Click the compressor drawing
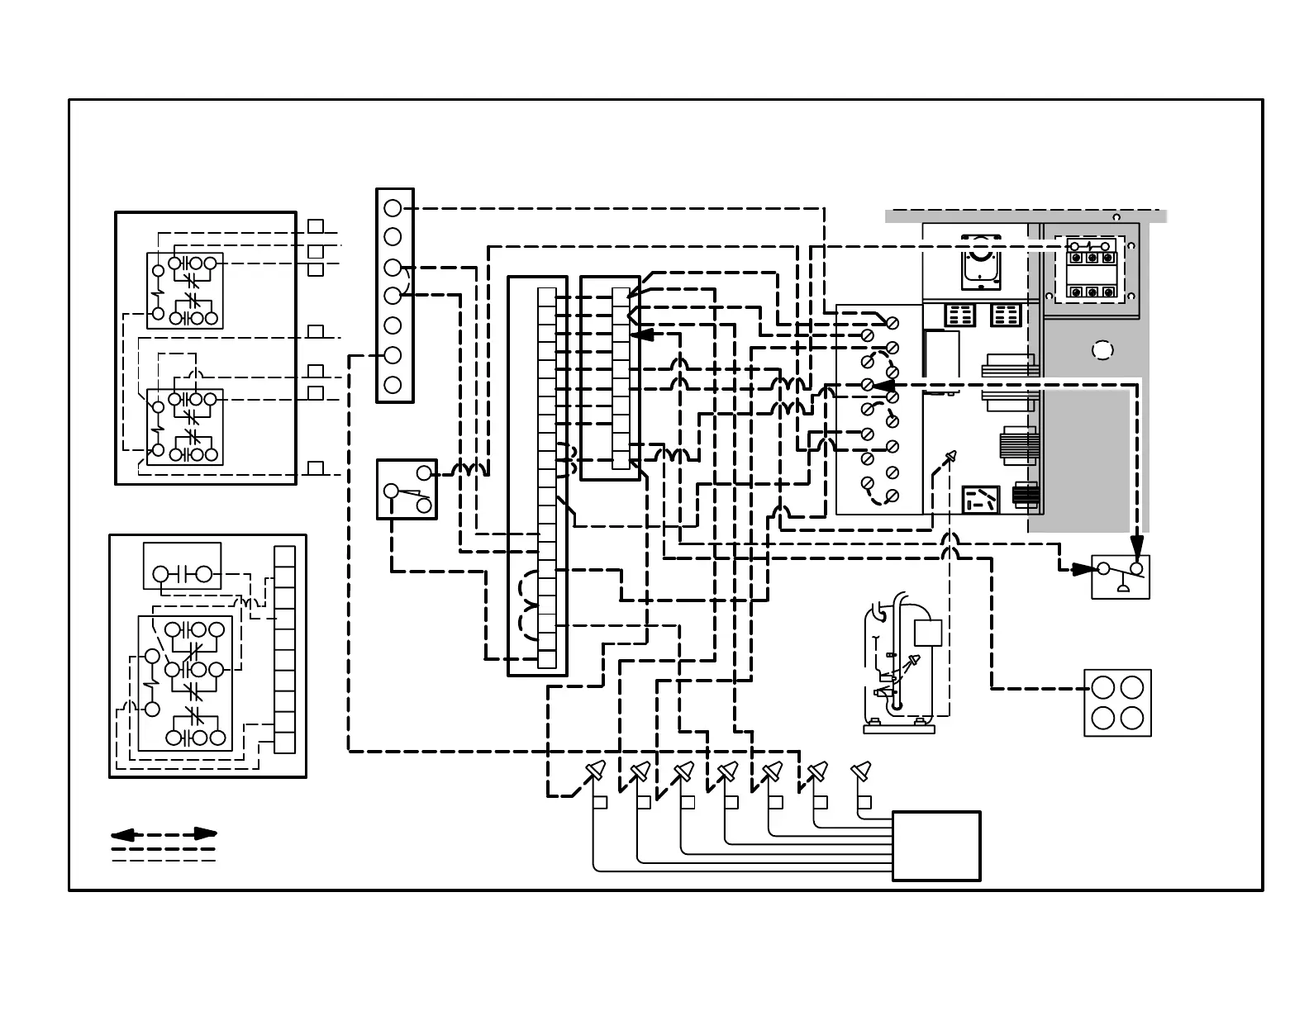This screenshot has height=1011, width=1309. [906, 666]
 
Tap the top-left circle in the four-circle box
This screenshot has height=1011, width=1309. [1103, 687]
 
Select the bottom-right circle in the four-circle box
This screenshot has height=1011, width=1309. [1132, 717]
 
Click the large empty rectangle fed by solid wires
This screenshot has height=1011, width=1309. [936, 846]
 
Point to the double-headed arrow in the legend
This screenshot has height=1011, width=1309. [164, 834]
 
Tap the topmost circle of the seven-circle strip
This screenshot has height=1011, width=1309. [393, 207]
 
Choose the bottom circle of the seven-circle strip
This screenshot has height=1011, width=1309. [393, 384]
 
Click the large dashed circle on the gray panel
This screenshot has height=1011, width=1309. [1102, 350]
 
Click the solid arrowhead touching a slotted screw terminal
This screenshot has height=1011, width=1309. [882, 385]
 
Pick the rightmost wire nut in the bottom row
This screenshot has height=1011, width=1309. [861, 771]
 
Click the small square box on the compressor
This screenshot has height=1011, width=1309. [928, 633]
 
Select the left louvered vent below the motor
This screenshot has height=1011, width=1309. [959, 315]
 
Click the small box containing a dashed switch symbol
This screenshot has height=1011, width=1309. [981, 501]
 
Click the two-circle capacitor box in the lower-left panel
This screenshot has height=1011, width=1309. [182, 566]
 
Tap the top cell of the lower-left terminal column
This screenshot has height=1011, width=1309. [284, 556]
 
